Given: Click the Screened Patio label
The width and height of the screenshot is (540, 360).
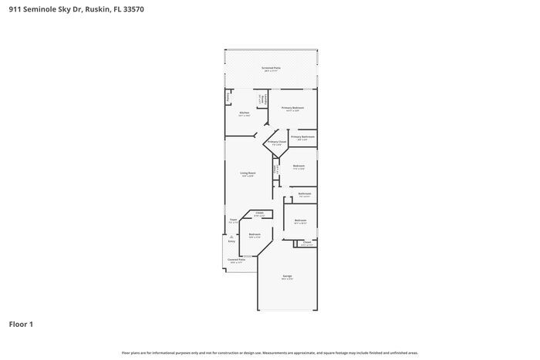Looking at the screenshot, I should [x=271, y=68].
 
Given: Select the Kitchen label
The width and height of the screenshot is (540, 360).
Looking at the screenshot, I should [x=245, y=113].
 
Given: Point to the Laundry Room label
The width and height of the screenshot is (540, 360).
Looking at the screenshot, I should [x=261, y=99].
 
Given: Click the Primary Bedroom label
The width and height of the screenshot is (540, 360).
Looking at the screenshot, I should [x=292, y=108].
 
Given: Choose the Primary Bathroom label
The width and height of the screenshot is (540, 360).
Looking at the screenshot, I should [x=302, y=136].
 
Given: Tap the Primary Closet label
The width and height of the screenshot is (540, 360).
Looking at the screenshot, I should [x=276, y=142].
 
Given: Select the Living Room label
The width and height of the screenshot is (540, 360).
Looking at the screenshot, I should [x=247, y=173].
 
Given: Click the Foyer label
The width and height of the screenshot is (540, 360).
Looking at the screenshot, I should [x=232, y=220].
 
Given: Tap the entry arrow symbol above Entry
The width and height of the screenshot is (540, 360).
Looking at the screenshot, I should [x=231, y=236].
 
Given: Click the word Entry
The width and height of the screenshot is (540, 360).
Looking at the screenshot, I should [x=231, y=241].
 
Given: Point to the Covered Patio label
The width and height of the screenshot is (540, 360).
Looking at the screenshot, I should [x=238, y=260].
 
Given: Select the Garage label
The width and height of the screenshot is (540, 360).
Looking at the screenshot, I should [x=287, y=275].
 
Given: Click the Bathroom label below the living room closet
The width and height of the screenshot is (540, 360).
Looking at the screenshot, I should [x=304, y=193].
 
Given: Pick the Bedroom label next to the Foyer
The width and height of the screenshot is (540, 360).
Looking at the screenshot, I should [x=254, y=234].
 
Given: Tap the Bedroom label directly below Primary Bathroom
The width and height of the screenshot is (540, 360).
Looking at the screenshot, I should [x=299, y=166].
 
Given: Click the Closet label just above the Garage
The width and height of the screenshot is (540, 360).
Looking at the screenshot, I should [x=306, y=242].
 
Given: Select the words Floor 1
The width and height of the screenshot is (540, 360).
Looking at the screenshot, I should [x=21, y=324].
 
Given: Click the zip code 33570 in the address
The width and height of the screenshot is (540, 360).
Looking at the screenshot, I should [x=133, y=9].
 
